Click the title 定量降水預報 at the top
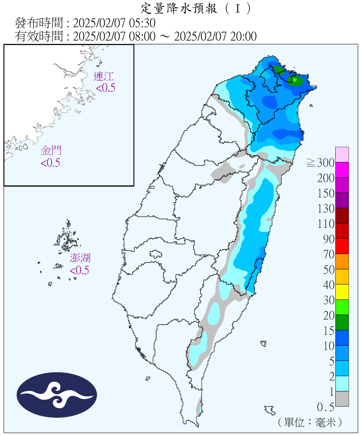179,8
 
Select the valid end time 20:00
243,37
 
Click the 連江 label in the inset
104,76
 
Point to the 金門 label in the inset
51,151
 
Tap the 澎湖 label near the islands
80,258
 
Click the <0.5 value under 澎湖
79,270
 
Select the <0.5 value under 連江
106,88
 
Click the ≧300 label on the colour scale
320,163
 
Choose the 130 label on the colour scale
326,208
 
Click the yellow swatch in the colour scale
342,292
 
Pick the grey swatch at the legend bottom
342,399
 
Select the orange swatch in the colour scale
342,261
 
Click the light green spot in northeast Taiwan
295,80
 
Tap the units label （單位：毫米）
310,422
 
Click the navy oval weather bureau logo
57,395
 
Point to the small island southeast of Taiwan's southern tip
270,410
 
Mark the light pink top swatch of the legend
342,154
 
